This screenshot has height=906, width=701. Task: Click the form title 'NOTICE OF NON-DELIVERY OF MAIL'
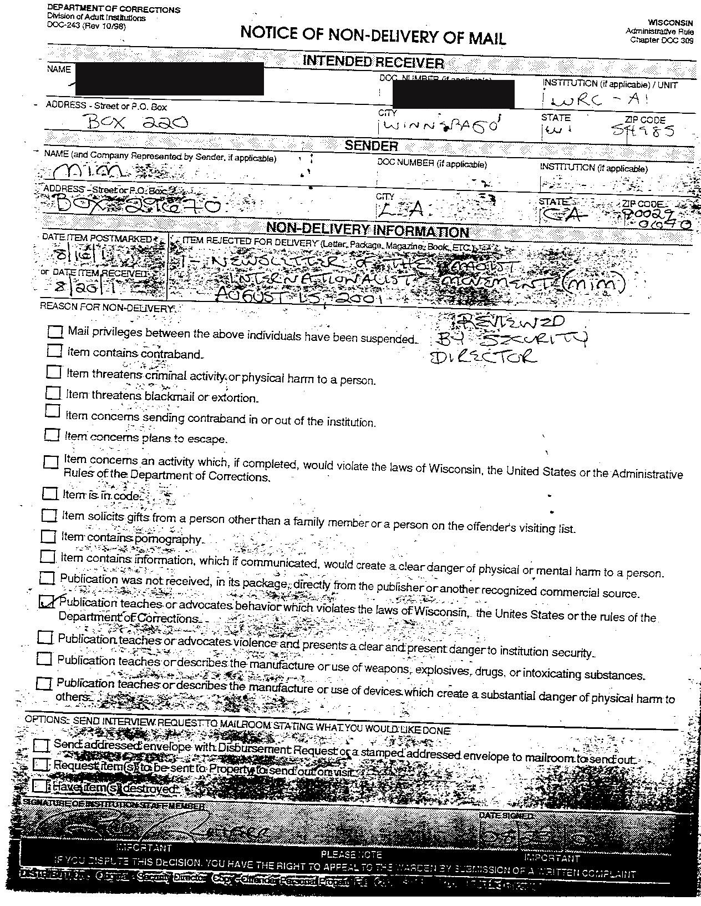coord(373,36)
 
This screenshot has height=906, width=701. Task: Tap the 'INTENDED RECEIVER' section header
coord(373,62)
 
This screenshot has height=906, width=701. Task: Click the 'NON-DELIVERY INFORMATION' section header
coord(368,230)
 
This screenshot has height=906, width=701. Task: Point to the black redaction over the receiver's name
coord(169,78)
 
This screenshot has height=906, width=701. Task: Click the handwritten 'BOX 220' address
coord(137,122)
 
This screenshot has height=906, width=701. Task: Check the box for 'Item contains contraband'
coord(54,351)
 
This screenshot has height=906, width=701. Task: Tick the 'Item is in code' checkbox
coord(50,493)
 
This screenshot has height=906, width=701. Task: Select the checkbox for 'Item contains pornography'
coord(49,536)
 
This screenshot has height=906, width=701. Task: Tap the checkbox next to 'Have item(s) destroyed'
coord(40,786)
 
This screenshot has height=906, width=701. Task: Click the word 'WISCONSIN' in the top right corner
coord(670,23)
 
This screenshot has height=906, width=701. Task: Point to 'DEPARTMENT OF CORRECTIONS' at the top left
coord(113,10)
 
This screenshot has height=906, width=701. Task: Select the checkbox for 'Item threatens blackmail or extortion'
coord(53,393)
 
